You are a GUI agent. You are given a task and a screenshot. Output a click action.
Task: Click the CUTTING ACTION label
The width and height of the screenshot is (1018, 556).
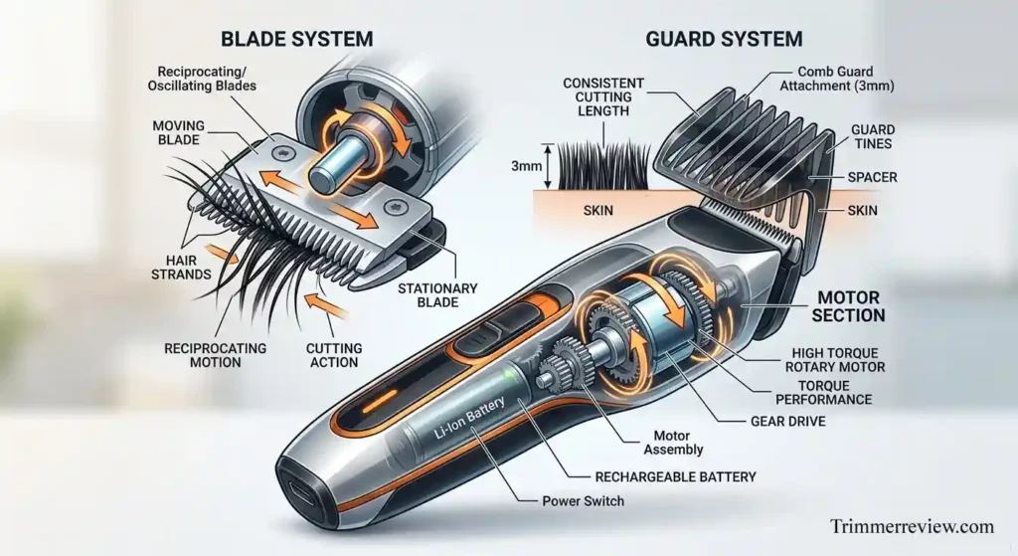coord(335,355)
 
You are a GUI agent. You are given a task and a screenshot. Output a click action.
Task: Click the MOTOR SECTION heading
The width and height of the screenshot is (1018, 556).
coord(849,306)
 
